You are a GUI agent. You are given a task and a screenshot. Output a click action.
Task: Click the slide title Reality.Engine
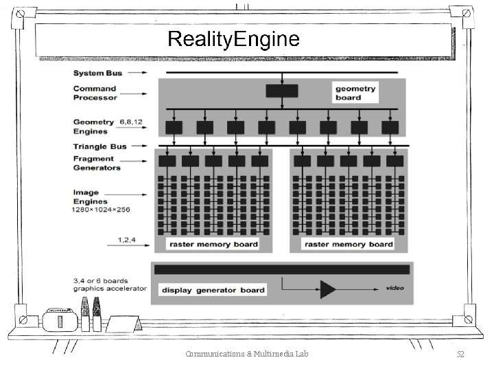coord(233,39)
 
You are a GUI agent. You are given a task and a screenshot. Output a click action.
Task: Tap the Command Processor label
coord(95,93)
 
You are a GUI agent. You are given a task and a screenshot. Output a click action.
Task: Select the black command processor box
coord(281,91)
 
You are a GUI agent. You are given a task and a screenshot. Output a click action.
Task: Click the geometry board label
coord(355,93)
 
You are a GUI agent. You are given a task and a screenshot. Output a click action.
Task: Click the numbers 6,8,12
coord(130,122)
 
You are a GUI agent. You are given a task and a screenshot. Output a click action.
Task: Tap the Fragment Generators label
coord(97,164)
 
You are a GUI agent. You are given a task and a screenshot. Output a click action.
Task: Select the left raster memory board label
coord(213,244)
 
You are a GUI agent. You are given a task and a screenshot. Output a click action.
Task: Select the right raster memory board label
coord(348,244)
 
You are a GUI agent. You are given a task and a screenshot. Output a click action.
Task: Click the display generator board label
coord(213,290)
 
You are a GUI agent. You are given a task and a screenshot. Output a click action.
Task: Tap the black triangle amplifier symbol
coord(328,288)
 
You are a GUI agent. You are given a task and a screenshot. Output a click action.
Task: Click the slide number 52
coord(460,354)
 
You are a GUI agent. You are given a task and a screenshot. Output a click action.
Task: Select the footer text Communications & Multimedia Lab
coord(246,354)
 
